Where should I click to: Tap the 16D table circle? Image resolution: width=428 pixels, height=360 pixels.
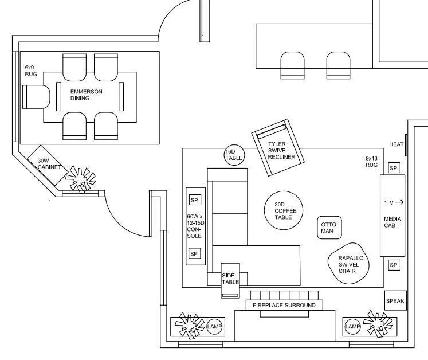[234, 155]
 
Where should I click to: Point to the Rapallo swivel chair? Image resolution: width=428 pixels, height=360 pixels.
[348, 264]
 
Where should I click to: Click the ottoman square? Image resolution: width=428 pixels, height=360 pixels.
[329, 228]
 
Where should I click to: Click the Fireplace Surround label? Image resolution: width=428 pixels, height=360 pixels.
[284, 306]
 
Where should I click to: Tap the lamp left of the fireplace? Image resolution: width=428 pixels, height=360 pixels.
[214, 326]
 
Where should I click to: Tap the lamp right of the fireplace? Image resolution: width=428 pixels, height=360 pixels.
[352, 327]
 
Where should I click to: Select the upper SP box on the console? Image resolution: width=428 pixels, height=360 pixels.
[194, 200]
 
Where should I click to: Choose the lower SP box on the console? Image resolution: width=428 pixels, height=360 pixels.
[194, 253]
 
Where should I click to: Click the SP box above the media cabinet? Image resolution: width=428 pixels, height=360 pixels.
[394, 167]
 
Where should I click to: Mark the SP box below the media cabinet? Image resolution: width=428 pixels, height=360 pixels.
[394, 265]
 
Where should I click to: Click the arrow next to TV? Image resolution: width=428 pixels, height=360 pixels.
[399, 202]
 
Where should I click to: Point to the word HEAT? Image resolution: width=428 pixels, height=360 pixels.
[397, 144]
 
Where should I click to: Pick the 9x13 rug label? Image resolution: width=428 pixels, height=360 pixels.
[372, 161]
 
